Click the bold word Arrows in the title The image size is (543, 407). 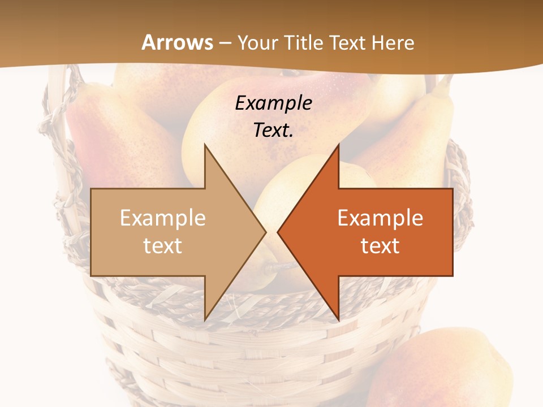pyautogui.click(x=177, y=42)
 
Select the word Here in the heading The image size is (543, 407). pyautogui.click(x=392, y=42)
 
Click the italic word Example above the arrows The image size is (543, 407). pyautogui.click(x=273, y=103)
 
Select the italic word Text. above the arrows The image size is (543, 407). pyautogui.click(x=273, y=130)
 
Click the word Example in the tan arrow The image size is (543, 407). pyautogui.click(x=162, y=218)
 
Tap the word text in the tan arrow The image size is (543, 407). pyautogui.click(x=162, y=245)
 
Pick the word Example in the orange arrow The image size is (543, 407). pyautogui.click(x=380, y=218)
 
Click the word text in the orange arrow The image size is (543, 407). pyautogui.click(x=380, y=245)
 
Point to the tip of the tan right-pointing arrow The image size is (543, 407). pyautogui.click(x=265, y=232)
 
